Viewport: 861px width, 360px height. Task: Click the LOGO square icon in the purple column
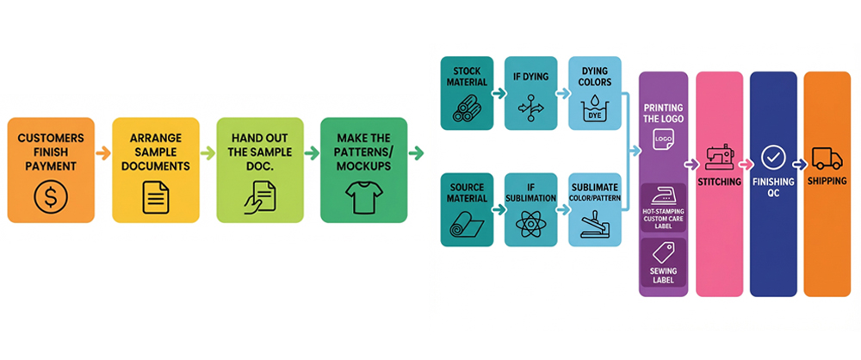[663, 138]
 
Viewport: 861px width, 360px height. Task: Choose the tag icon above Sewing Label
[663, 252]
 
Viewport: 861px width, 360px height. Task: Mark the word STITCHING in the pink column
[719, 181]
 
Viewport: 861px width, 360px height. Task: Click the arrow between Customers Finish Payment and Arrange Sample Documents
[103, 153]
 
